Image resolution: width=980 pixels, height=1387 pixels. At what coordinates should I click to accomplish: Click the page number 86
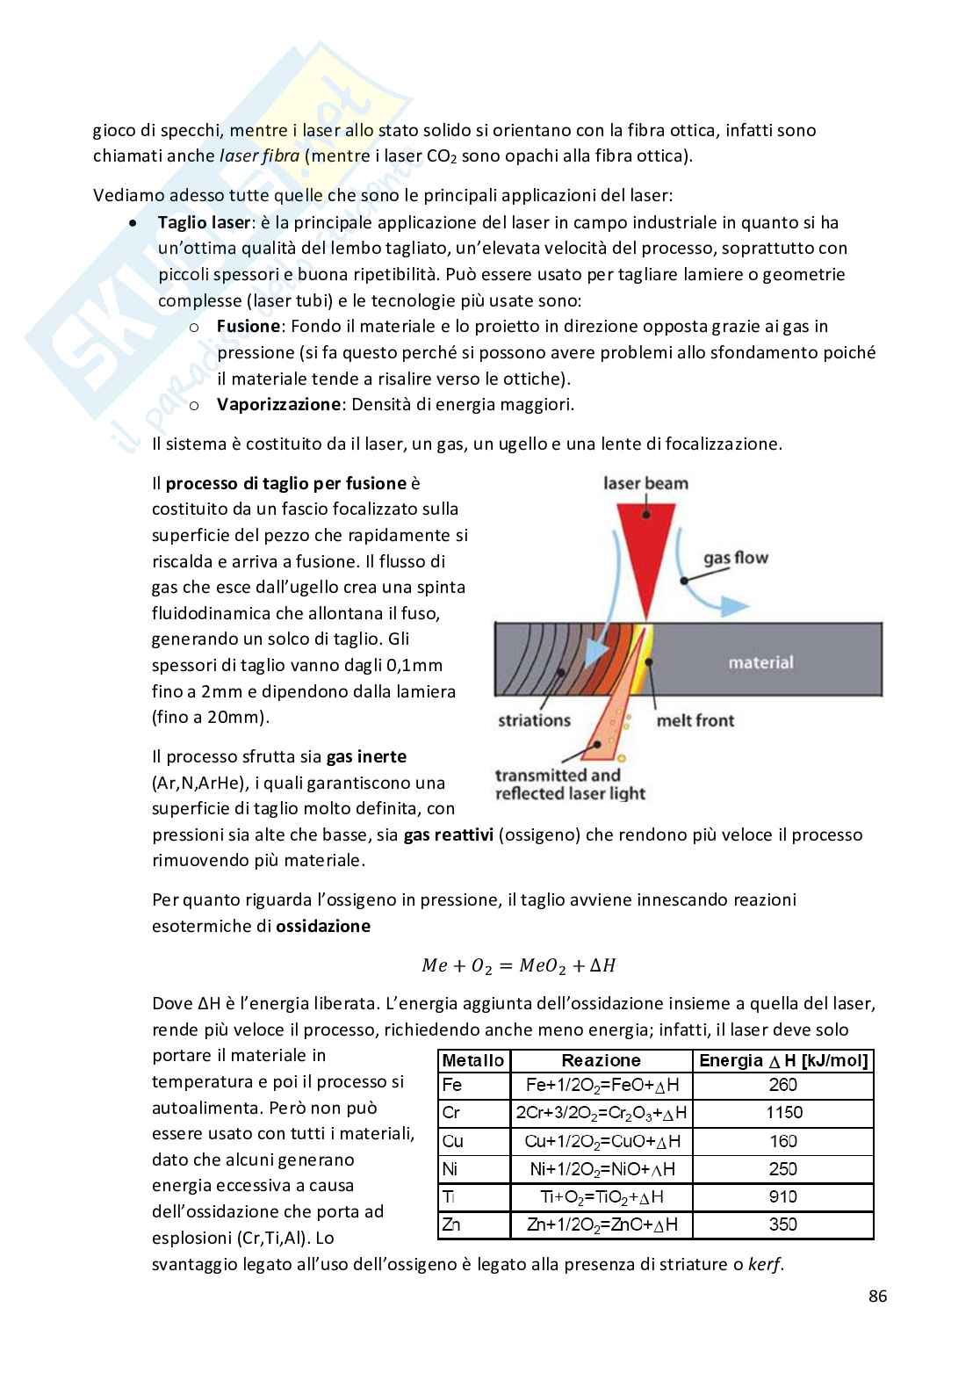coord(877,1296)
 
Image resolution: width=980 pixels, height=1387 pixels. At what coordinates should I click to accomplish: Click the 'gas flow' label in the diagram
coord(735,558)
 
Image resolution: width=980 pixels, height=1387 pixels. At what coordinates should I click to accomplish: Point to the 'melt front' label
coord(695,720)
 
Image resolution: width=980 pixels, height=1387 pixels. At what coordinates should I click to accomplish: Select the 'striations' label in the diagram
coord(534,720)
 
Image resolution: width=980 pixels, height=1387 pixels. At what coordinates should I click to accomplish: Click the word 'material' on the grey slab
coord(760,662)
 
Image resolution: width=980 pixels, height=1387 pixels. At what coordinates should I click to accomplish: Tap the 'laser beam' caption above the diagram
coord(645,483)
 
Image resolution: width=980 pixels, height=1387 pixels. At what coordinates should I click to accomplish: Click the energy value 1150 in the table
coord(783,1113)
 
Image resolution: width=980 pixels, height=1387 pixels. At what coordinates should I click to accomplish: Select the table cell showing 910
coord(783,1196)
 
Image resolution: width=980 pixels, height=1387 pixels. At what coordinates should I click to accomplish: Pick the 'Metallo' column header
coord(473,1060)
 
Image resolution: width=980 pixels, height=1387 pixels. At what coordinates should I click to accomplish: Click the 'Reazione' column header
coord(601,1060)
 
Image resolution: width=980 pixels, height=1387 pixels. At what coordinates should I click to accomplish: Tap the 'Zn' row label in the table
coord(452,1224)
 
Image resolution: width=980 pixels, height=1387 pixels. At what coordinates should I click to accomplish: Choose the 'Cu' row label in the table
coord(453,1141)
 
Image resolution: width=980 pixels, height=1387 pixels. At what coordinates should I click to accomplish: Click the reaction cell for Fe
coord(602,1085)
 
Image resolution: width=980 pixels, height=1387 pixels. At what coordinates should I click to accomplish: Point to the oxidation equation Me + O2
coord(518,965)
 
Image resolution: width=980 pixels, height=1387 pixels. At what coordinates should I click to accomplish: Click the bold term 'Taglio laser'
coord(204,222)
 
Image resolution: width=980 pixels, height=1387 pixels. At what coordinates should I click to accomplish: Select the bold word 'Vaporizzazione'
coord(278,404)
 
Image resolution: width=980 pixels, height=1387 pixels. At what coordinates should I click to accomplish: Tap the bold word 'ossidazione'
coord(323,926)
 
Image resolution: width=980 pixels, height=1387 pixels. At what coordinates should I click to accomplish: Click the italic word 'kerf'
coord(764,1265)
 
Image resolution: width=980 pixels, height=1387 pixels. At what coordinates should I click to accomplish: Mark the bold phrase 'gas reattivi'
coord(448,834)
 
